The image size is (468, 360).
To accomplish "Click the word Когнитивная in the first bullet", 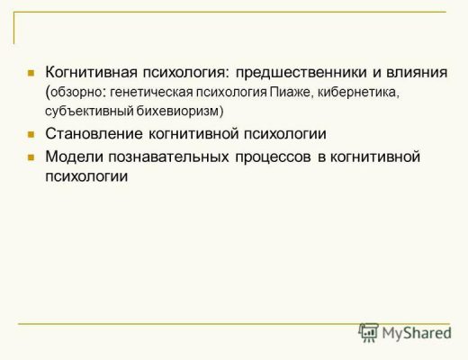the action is click(x=91, y=72).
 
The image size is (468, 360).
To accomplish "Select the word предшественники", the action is click(x=301, y=73).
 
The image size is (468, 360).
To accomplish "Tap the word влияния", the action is click(x=417, y=73).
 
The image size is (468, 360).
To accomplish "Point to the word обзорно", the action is click(x=76, y=93).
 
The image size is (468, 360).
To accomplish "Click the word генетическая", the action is click(x=151, y=93).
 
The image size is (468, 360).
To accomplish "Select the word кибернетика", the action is click(x=358, y=93).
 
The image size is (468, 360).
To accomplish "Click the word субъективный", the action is click(x=89, y=111).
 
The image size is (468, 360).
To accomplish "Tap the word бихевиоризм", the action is click(x=178, y=111).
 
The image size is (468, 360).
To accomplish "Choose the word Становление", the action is click(x=94, y=133).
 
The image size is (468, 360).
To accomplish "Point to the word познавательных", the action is click(x=168, y=157).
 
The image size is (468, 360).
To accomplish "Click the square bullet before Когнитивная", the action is click(x=31, y=73).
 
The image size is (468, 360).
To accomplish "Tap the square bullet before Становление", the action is click(x=31, y=134).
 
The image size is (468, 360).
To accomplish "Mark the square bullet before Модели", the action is click(x=31, y=157).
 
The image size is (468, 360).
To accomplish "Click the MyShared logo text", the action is click(x=417, y=333).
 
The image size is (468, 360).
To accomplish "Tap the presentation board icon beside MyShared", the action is click(x=368, y=332).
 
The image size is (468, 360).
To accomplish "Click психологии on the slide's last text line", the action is click(x=86, y=176).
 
